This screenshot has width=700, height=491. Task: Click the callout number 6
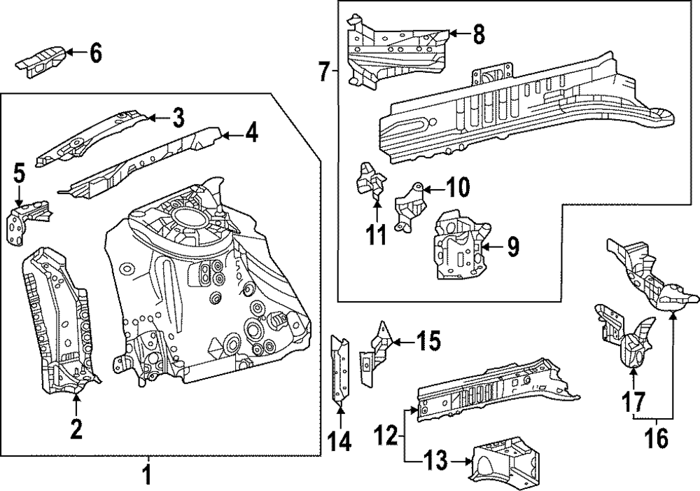click(95, 52)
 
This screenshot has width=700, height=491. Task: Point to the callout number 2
click(76, 428)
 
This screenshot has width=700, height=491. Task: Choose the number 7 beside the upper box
click(323, 71)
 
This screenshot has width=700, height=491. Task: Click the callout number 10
click(458, 188)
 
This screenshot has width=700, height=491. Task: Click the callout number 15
click(429, 342)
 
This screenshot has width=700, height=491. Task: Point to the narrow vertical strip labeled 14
click(339, 371)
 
